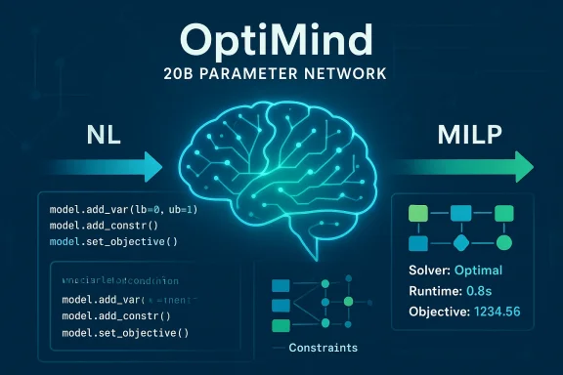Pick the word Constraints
325,348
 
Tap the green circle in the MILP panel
504,242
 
